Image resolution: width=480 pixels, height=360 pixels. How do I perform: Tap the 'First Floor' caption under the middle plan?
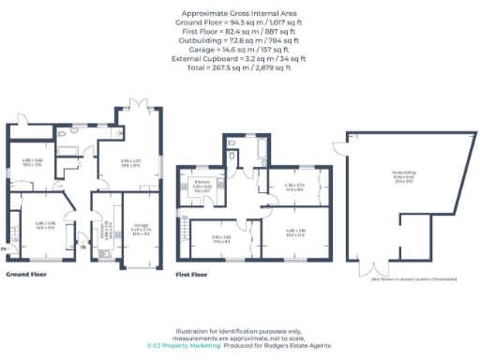coord(192,276)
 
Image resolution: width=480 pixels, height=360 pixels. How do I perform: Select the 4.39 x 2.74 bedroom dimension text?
coord(295,187)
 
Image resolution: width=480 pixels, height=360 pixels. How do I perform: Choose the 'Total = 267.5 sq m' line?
coord(239,67)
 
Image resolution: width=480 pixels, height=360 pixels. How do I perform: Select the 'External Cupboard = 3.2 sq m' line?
coord(239,58)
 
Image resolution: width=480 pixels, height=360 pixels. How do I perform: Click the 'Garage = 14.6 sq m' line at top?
coord(239,50)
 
